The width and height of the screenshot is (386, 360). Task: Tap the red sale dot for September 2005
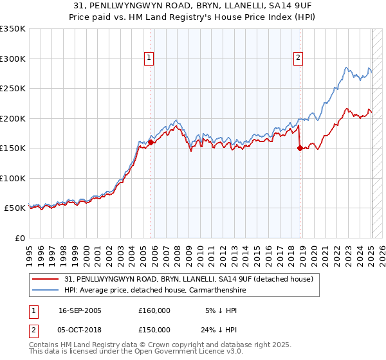(x=151, y=143)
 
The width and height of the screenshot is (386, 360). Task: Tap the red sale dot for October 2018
(x=300, y=148)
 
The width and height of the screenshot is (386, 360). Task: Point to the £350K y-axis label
(x=13, y=29)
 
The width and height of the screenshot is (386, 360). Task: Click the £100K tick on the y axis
(x=13, y=178)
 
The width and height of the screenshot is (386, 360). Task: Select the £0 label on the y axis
(x=19, y=238)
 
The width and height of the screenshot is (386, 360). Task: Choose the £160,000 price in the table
(x=154, y=310)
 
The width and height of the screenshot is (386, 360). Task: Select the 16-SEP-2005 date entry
(x=80, y=310)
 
